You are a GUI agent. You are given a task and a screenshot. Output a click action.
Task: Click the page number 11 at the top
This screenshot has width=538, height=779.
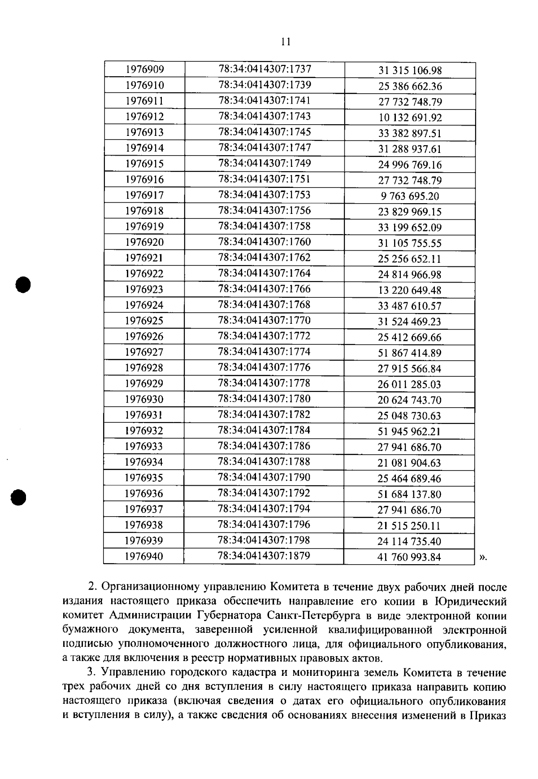(x=286, y=42)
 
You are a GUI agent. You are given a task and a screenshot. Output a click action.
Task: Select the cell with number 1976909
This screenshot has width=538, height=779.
(x=144, y=70)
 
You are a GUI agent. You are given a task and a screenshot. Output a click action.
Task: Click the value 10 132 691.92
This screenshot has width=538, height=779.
(x=410, y=118)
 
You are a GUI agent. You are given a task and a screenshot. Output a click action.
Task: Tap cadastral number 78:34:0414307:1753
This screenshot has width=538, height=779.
(x=265, y=195)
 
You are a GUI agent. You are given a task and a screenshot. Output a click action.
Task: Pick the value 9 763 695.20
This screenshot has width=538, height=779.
(x=410, y=196)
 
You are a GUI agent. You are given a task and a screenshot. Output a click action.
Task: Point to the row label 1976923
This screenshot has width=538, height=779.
(x=144, y=289)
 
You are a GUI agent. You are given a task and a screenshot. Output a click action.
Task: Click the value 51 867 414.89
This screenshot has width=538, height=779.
(x=409, y=353)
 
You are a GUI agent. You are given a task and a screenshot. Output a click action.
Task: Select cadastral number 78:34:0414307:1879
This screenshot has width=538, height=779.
(x=264, y=556)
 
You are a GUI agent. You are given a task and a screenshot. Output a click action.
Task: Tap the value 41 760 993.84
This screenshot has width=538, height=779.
(x=409, y=557)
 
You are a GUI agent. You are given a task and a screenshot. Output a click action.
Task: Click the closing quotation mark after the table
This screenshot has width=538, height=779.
(x=482, y=557)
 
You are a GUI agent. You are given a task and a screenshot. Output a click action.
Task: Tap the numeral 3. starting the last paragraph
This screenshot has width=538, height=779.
(x=92, y=673)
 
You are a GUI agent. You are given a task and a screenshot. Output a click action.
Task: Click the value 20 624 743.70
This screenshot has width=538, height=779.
(x=409, y=400)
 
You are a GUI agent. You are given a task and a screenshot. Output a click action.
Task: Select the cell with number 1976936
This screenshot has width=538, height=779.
(x=144, y=493)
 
